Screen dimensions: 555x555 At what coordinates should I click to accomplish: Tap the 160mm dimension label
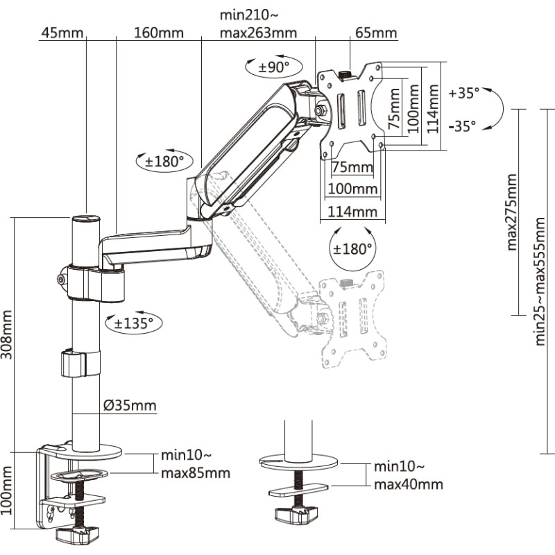click(x=159, y=33)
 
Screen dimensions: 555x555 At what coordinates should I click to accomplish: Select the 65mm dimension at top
click(x=375, y=33)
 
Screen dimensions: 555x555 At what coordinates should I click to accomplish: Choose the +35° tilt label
click(x=463, y=92)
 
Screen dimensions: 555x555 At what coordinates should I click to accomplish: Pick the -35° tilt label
click(x=462, y=126)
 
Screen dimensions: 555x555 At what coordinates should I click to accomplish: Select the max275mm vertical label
click(x=512, y=212)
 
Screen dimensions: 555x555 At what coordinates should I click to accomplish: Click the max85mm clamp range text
click(x=195, y=474)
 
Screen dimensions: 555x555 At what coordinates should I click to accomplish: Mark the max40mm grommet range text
click(x=408, y=484)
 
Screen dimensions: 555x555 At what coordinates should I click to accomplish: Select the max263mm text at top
click(x=258, y=33)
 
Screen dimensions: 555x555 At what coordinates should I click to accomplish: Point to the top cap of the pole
click(x=85, y=219)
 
